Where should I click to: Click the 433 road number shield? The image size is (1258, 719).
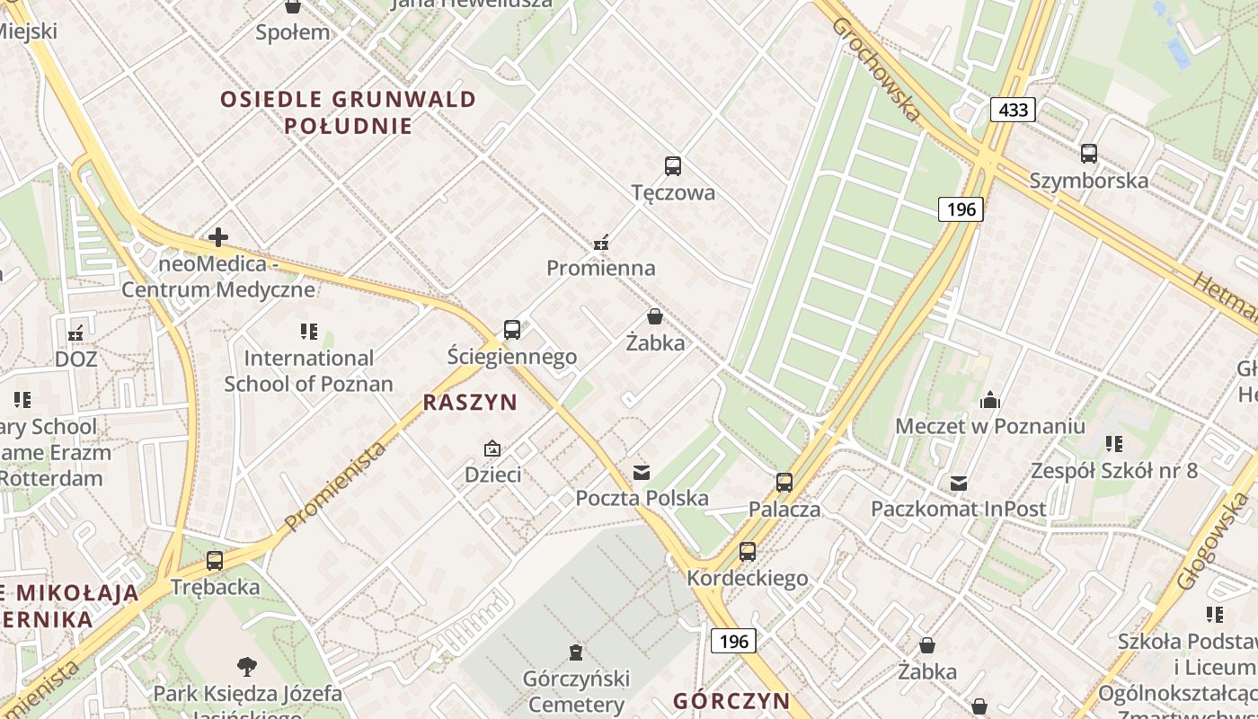point(1013,110)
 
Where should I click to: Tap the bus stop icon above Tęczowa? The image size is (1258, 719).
point(673,166)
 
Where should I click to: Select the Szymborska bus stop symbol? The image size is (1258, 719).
point(1089,154)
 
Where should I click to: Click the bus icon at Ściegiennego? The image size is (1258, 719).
point(512,330)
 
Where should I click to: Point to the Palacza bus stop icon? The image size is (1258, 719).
point(784,483)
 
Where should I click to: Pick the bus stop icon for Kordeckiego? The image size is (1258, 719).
point(748,552)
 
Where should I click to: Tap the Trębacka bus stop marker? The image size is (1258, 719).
point(215,561)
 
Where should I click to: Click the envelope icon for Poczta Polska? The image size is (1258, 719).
point(642,472)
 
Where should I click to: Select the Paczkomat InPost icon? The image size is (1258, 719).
point(959,484)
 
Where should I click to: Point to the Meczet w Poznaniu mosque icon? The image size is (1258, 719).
point(990,400)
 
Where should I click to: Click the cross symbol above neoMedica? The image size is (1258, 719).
point(218,238)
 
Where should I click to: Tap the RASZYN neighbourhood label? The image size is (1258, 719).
point(470,403)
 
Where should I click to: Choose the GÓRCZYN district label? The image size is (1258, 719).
point(731,701)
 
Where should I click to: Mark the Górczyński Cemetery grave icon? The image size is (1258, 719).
point(576,652)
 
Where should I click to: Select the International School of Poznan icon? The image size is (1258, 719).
point(309,332)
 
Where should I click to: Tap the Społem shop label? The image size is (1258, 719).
point(293,32)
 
